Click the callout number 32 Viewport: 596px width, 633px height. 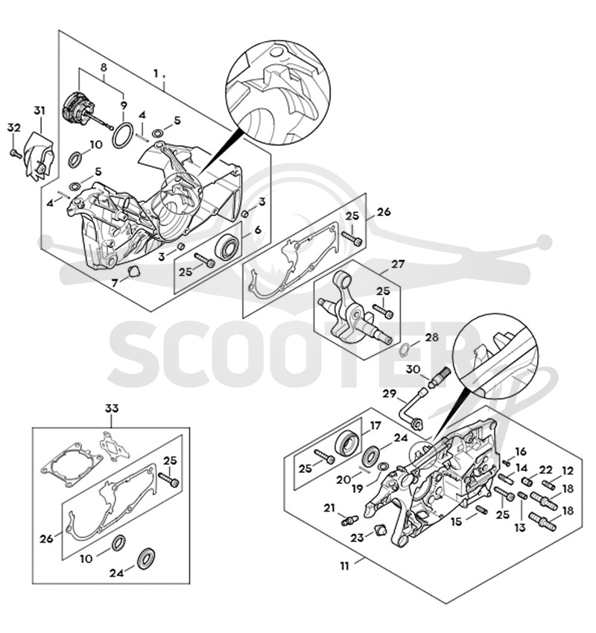tap(13, 127)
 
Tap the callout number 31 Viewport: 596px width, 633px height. tap(39, 111)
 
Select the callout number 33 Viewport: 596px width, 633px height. tap(112, 409)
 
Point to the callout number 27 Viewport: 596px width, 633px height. tap(398, 264)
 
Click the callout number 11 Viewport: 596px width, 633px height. tap(344, 566)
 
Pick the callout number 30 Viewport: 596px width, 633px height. tap(413, 369)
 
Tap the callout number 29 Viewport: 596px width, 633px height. tap(390, 393)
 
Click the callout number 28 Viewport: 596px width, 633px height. tap(431, 337)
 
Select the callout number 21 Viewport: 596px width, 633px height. tap(329, 508)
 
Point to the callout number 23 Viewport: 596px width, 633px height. tap(357, 538)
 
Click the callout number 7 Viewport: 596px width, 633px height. tap(115, 283)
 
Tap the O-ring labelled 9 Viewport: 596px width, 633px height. tap(123, 136)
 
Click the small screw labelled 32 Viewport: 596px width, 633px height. tap(15, 153)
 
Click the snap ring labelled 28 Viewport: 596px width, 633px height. tap(405, 349)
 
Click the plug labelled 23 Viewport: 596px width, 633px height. tap(378, 529)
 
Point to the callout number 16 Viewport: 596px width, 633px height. tap(521, 451)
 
